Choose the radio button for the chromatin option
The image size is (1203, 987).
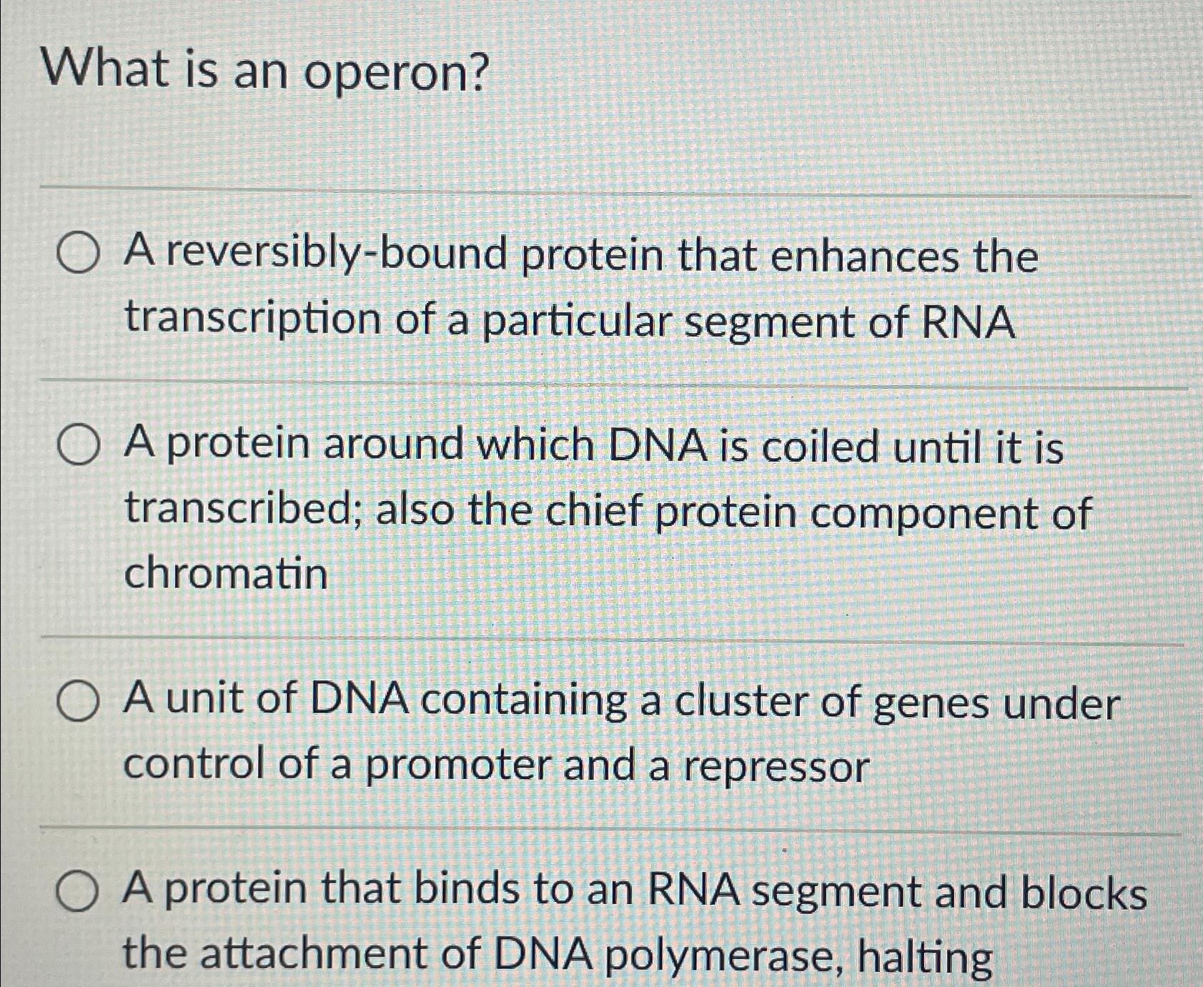77,446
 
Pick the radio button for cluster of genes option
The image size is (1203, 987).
77,702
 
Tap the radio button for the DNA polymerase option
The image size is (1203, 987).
77,893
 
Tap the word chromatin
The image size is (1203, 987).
226,573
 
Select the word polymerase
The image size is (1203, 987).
722,956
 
